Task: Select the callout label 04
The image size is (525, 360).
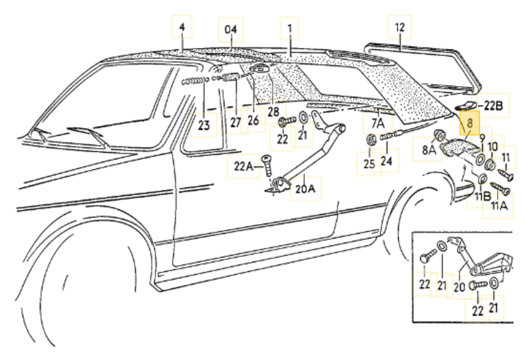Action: [x=230, y=30]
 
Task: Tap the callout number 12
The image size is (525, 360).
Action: [x=400, y=27]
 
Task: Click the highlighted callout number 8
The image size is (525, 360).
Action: [x=469, y=124]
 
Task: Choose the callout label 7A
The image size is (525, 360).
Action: [x=378, y=123]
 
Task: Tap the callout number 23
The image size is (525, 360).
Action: [x=204, y=125]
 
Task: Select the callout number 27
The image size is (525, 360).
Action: [x=236, y=123]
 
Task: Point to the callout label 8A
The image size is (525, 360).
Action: [x=429, y=150]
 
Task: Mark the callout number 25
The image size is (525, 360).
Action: [x=369, y=164]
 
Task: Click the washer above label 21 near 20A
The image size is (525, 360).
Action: [x=303, y=118]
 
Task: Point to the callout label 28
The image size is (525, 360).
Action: [x=272, y=112]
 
